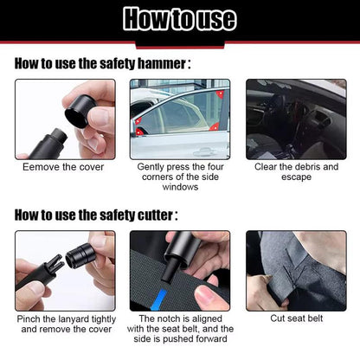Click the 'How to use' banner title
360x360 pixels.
click(x=180, y=19)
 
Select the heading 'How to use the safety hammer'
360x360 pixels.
click(x=102, y=63)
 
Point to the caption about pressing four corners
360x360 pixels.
click(x=179, y=177)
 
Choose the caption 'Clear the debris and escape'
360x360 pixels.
click(x=296, y=171)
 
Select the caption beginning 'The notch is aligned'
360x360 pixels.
click(x=179, y=329)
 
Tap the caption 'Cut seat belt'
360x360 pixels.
click(x=296, y=318)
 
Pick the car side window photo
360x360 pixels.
click(x=179, y=119)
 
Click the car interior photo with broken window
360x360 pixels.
click(x=296, y=119)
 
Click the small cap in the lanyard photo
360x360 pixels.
click(x=82, y=257)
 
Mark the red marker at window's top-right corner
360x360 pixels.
click(x=220, y=93)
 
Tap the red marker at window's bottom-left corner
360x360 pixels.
click(x=140, y=132)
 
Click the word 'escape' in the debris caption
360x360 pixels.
click(x=296, y=177)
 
